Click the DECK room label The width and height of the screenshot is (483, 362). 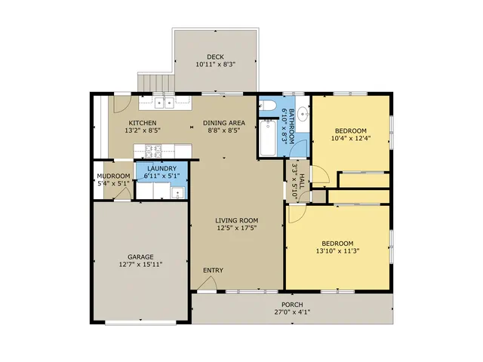pyautogui.click(x=215, y=57)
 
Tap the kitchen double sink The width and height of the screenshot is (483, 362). pyautogui.click(x=165, y=103)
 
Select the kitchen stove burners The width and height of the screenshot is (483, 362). pyautogui.click(x=153, y=151)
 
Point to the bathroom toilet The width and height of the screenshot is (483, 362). pyautogui.click(x=268, y=106)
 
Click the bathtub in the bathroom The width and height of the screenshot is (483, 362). pyautogui.click(x=268, y=138)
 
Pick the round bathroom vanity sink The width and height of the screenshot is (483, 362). pyautogui.click(x=304, y=113)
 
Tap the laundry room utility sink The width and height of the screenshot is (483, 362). pyautogui.click(x=178, y=193)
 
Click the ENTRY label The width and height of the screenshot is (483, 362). pyautogui.click(x=213, y=270)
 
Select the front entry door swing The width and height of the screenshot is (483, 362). pyautogui.click(x=207, y=284)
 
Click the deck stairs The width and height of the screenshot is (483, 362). pyautogui.click(x=156, y=82)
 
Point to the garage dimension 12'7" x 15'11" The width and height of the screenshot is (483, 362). pyautogui.click(x=140, y=265)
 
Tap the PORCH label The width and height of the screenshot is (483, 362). pyautogui.click(x=292, y=305)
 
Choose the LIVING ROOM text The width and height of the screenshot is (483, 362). pyautogui.click(x=236, y=220)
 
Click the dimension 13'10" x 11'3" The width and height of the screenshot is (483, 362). pyautogui.click(x=337, y=251)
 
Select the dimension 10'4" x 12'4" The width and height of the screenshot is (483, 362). pyautogui.click(x=350, y=138)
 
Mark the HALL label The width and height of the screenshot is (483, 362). pyautogui.click(x=302, y=182)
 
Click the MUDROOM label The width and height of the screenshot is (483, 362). pyautogui.click(x=113, y=176)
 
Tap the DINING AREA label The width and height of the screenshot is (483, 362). pyautogui.click(x=224, y=123)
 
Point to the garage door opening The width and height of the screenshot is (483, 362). pyautogui.click(x=140, y=323)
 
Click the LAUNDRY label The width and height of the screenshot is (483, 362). pyautogui.click(x=162, y=169)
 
